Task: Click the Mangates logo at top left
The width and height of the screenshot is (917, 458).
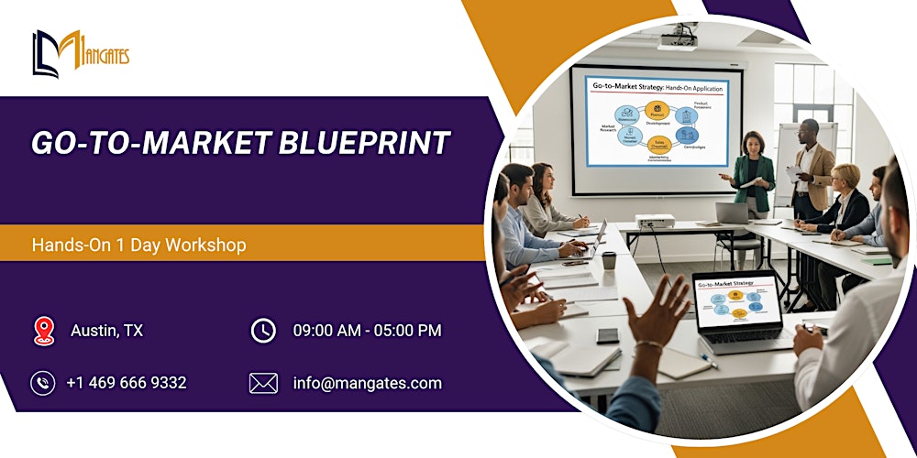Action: [x=81, y=53]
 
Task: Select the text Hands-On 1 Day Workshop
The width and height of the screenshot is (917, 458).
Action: [x=138, y=245]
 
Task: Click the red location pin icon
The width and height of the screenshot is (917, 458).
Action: [x=43, y=331]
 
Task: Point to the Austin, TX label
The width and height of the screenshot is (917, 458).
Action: [x=106, y=331]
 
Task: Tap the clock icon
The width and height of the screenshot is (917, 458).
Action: [x=263, y=331]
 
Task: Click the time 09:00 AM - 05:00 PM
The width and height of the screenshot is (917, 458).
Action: [x=367, y=331]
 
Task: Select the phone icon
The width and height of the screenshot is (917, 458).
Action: [x=43, y=383]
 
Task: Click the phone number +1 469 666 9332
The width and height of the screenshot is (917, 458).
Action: [x=126, y=383]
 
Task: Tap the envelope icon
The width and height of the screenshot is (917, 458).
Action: [x=263, y=383]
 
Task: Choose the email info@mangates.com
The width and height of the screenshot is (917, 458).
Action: [x=367, y=383]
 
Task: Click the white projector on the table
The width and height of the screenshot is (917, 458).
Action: [x=655, y=222]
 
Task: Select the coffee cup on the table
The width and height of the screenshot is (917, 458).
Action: [x=608, y=261]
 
